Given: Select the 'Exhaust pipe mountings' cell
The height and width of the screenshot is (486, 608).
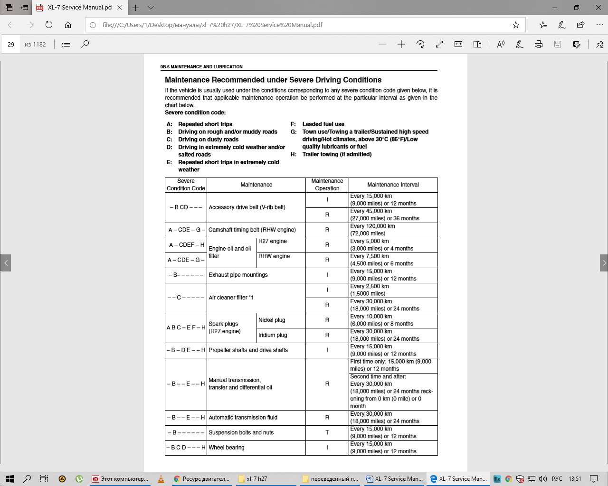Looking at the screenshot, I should [x=238, y=275].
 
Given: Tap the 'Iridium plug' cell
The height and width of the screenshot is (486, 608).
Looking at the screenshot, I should [x=273, y=335].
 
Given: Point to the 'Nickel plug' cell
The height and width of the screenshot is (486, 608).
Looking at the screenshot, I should [x=272, y=320].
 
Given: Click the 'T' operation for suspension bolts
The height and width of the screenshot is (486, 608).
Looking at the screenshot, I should [x=327, y=433].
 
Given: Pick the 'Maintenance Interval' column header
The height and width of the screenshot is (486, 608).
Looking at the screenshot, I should [x=393, y=185].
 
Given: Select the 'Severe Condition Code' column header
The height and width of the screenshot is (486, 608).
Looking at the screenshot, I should [x=186, y=185].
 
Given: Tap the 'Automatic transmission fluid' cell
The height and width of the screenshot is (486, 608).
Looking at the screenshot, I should [x=243, y=418].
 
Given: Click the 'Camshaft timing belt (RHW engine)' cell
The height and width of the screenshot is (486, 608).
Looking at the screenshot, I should [x=252, y=230].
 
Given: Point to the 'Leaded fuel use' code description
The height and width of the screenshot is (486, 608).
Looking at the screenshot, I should [x=323, y=124].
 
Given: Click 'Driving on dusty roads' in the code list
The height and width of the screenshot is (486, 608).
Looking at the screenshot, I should [x=208, y=140].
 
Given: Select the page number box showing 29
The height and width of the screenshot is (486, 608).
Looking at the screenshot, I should [x=11, y=44].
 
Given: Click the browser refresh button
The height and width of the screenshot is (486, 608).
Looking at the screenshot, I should [x=49, y=25].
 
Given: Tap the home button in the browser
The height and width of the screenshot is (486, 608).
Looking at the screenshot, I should [x=68, y=25].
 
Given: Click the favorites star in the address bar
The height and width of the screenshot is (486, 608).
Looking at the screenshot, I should [x=516, y=25].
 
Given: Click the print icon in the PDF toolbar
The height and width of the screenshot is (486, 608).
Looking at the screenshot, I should [x=539, y=44].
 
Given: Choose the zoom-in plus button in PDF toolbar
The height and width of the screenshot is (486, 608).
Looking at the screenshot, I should [x=401, y=44].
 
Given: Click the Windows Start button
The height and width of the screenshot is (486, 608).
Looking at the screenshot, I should [x=9, y=479].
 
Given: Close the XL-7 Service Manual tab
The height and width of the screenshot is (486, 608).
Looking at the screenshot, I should [x=120, y=8].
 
